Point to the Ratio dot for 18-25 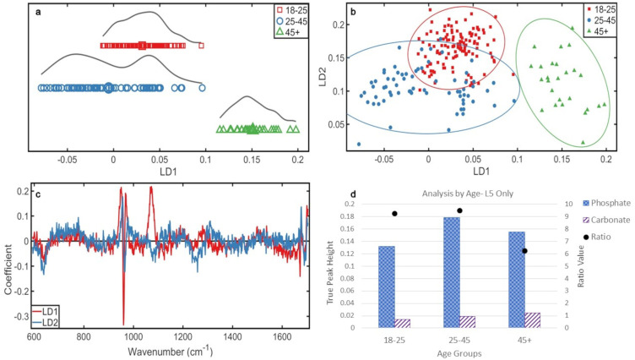click(x=394, y=214)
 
